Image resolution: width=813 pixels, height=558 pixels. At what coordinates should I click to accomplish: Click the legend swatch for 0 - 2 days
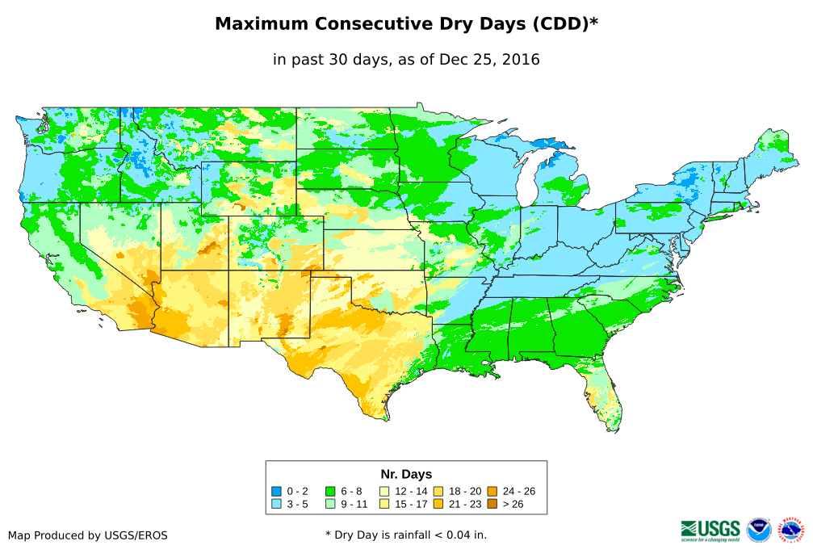pyautogui.click(x=277, y=491)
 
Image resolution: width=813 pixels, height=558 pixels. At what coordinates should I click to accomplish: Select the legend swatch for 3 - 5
pyautogui.click(x=277, y=504)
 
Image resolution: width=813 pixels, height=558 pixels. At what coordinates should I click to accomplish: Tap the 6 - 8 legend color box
pyautogui.click(x=330, y=491)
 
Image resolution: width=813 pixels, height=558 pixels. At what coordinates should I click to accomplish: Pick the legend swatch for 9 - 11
pyautogui.click(x=330, y=504)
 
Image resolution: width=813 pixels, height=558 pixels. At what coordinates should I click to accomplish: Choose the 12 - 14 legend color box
pyautogui.click(x=384, y=491)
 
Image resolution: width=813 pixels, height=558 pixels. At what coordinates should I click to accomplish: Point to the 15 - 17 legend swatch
pyautogui.click(x=384, y=504)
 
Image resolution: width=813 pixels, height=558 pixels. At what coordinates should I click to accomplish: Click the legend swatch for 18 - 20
pyautogui.click(x=438, y=491)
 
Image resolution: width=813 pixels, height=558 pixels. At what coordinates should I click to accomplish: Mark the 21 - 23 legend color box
pyautogui.click(x=438, y=504)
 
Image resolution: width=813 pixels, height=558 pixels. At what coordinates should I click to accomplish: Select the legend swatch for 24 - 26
pyautogui.click(x=492, y=491)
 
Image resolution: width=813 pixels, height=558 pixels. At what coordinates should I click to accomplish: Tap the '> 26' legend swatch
pyautogui.click(x=492, y=504)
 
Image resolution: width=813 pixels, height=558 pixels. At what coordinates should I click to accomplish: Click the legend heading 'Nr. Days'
pyautogui.click(x=406, y=474)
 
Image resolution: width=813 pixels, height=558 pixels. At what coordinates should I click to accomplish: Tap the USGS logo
pyautogui.click(x=710, y=530)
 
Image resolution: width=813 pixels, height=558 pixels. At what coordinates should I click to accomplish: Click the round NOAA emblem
pyautogui.click(x=759, y=530)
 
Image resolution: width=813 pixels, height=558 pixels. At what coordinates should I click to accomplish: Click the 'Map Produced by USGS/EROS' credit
pyautogui.click(x=88, y=535)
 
